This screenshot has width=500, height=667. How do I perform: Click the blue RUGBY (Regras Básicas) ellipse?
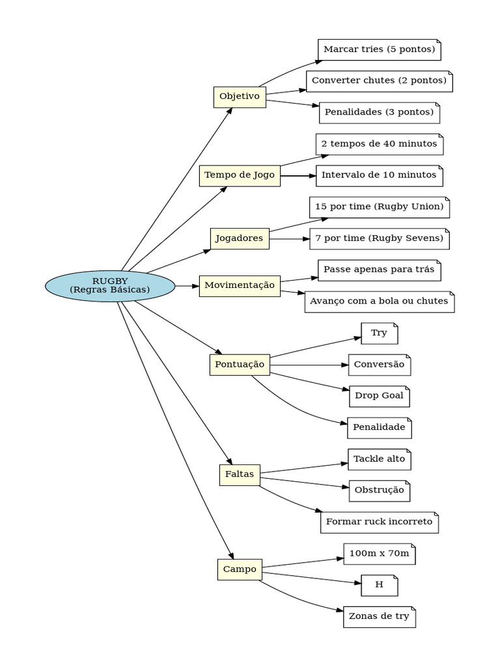tap(110, 286)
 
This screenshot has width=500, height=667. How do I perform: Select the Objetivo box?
tap(240, 96)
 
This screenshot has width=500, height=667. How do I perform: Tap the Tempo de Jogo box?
tap(240, 175)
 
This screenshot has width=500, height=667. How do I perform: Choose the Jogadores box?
tap(240, 238)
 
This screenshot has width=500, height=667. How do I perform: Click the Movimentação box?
tap(240, 285)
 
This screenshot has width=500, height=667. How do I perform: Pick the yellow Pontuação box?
tap(240, 365)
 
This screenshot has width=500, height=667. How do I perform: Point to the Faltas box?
tap(240, 474)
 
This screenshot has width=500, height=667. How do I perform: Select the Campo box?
tap(240, 569)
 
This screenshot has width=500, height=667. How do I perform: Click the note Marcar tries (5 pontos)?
tap(380, 50)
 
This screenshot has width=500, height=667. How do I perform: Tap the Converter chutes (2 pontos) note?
tap(379, 81)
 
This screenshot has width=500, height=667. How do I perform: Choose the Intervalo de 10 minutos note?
tap(380, 176)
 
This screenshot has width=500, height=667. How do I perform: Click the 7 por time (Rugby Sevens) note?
tap(379, 239)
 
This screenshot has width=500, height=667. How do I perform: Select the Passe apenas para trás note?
tap(379, 270)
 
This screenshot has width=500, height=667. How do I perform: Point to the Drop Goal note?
tap(379, 396)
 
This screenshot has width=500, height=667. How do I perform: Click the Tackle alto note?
tap(379, 459)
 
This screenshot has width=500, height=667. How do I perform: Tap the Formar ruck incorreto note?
tap(379, 522)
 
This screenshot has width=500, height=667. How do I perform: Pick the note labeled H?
tap(379, 586)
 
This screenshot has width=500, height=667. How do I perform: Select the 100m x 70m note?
tap(379, 554)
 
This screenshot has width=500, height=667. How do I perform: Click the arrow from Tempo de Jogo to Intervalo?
tap(298, 176)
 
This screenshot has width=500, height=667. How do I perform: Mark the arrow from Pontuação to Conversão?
tap(309, 365)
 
